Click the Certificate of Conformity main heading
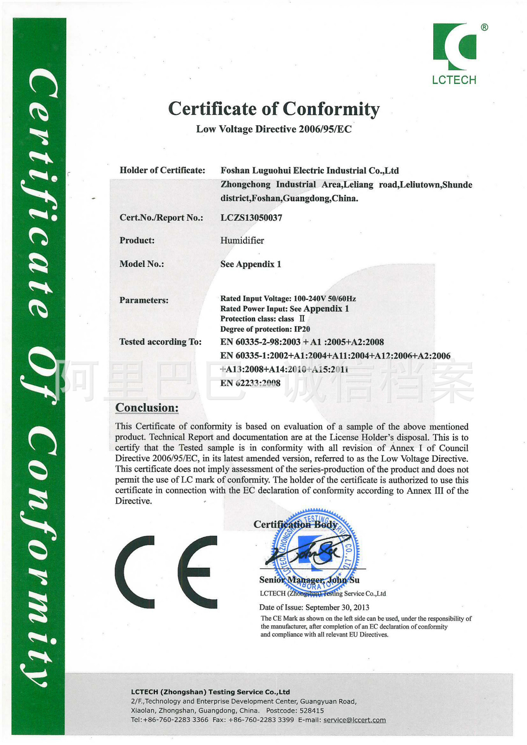(274, 109)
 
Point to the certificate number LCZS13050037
(251, 218)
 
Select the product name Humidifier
(242, 241)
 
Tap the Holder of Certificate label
(162, 170)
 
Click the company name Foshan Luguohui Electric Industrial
(309, 171)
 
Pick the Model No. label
(141, 264)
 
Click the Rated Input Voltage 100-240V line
(288, 298)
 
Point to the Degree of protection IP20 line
(265, 329)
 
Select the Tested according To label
(160, 342)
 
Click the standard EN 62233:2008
(250, 383)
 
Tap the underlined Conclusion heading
(147, 408)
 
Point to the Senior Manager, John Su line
(309, 580)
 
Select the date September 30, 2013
(337, 607)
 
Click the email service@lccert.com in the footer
(354, 720)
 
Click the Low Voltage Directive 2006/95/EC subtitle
(274, 129)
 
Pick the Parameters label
(144, 300)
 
